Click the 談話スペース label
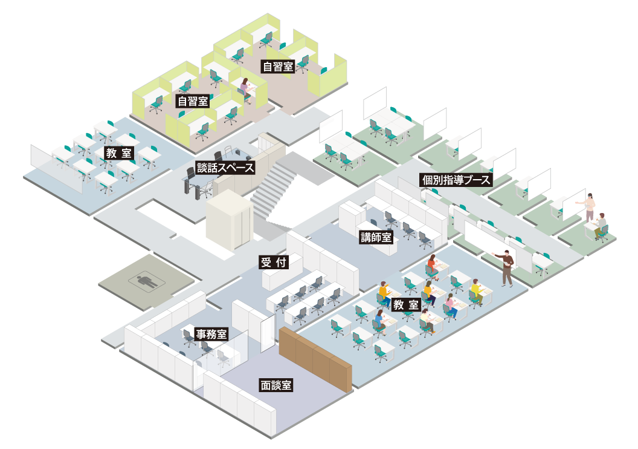[x=225, y=168]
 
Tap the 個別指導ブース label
[x=456, y=180]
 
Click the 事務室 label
[x=211, y=334]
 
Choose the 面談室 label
[x=276, y=385]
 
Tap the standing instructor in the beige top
[x=590, y=206]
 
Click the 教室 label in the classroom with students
[x=406, y=305]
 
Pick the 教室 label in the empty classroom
[x=118, y=153]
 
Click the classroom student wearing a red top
[x=431, y=264]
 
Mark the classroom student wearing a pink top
[x=450, y=304]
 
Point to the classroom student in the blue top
[x=380, y=321]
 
